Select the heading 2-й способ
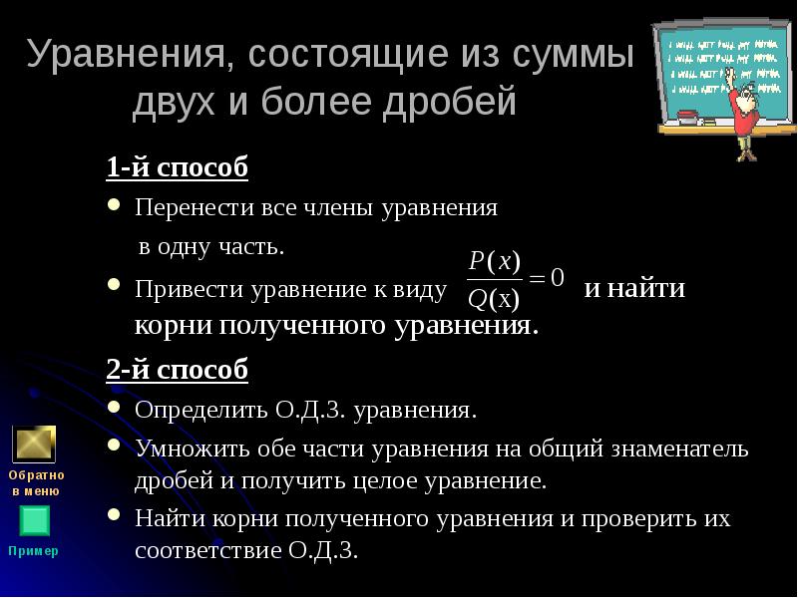pos(178,370)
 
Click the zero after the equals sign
pos(558,277)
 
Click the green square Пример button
pos(34,520)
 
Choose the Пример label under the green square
pos(34,551)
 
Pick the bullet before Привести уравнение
pos(115,287)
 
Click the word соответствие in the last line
pos(203,550)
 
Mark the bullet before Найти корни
pos(115,517)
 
